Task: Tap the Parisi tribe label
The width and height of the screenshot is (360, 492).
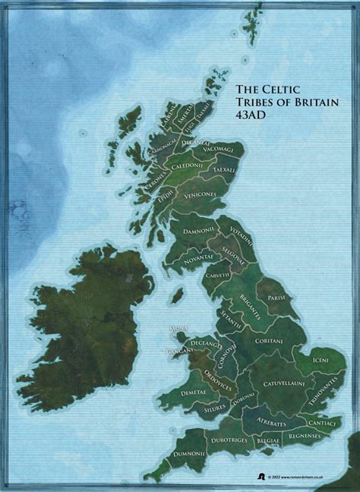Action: pyautogui.click(x=276, y=297)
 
